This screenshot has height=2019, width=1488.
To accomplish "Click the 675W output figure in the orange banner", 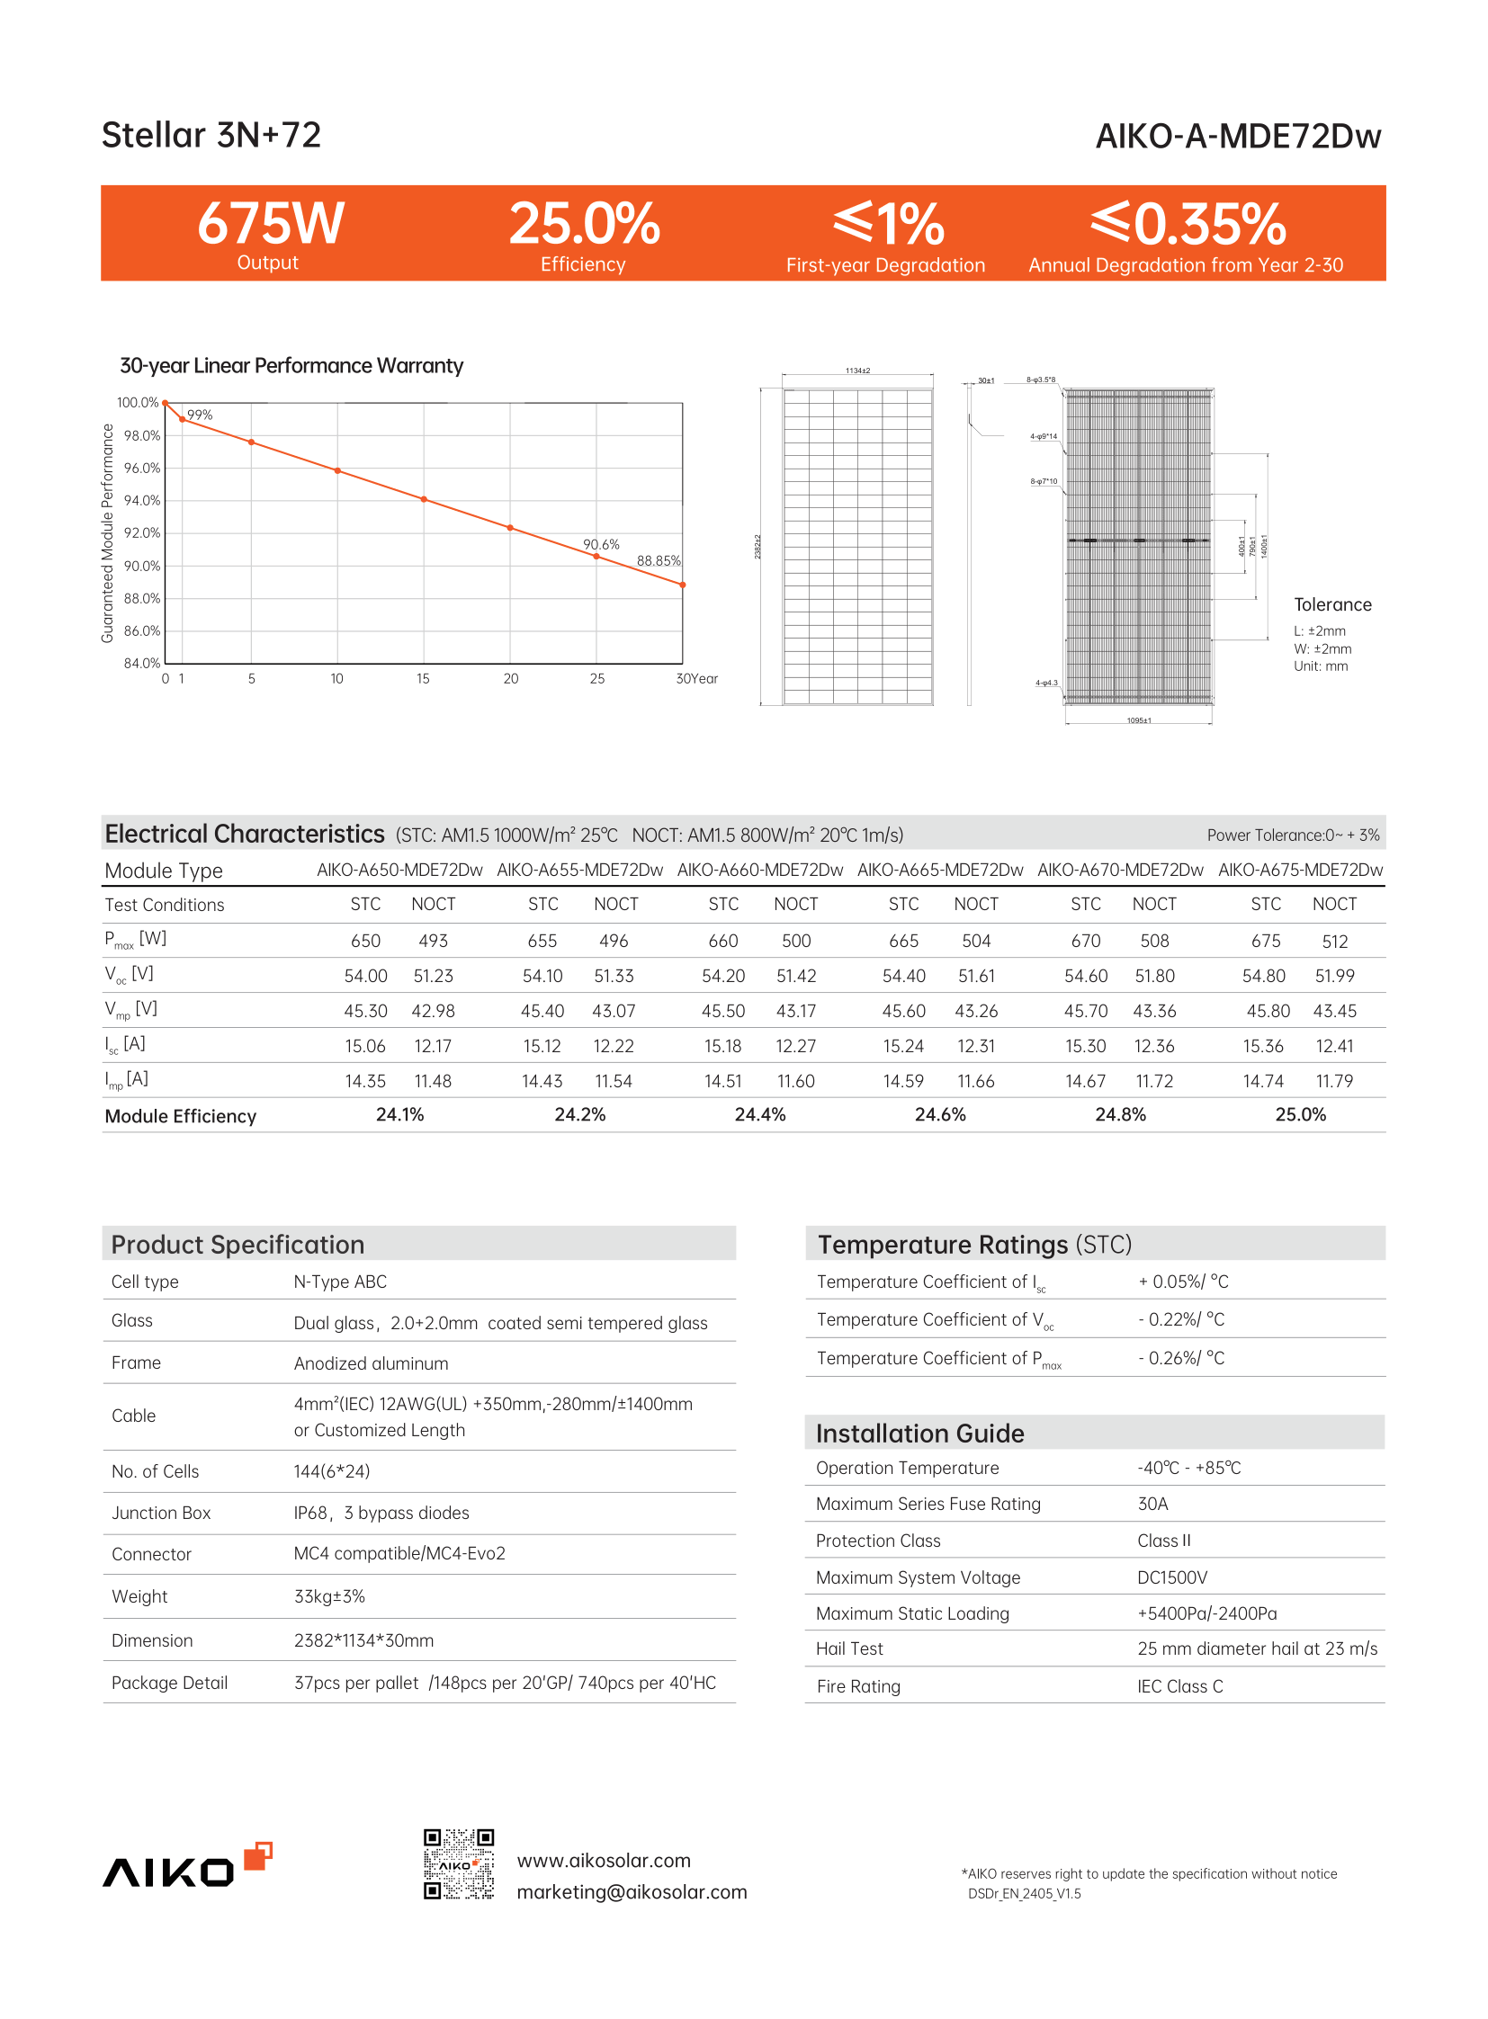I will [x=270, y=223].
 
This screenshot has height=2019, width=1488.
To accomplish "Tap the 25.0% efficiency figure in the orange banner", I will [x=584, y=223].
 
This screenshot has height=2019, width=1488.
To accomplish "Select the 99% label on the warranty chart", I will [x=200, y=415].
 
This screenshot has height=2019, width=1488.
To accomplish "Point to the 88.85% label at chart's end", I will [x=659, y=561].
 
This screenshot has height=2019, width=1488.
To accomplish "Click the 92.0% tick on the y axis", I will [x=141, y=533].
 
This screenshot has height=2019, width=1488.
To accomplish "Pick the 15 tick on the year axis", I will [x=423, y=679].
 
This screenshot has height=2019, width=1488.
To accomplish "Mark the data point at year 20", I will [x=511, y=528].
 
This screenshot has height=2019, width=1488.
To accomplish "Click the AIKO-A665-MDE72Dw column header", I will [x=939, y=870].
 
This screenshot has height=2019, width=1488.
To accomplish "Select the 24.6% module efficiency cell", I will [x=939, y=1115].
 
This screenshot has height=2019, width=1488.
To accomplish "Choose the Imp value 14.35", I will [x=364, y=1082].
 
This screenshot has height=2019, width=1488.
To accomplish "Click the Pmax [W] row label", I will [x=135, y=940].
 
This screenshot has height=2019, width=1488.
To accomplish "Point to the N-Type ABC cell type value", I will [x=339, y=1282].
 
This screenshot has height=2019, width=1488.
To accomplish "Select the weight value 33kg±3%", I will [x=328, y=1596].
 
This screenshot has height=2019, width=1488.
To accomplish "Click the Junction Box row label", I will [x=160, y=1513].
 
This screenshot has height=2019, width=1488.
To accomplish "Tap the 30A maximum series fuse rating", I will [x=1152, y=1504].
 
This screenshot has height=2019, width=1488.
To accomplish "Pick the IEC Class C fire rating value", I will [x=1179, y=1687].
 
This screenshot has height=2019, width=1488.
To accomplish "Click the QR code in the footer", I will [x=459, y=1863].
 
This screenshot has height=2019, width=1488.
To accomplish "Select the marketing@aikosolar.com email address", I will [x=632, y=1892].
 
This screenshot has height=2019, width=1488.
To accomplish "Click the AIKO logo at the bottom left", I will [x=186, y=1866].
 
